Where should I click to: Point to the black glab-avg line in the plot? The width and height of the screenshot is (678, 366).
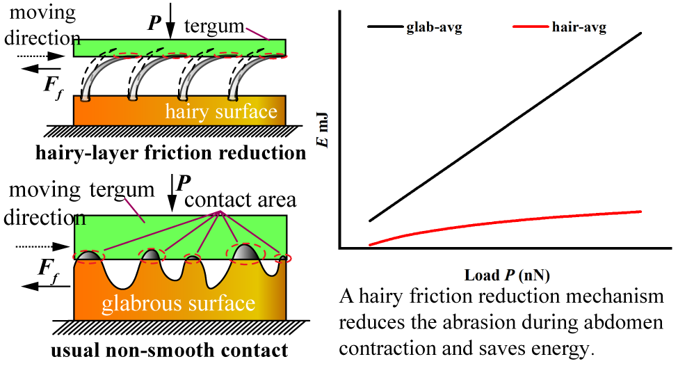[505, 127]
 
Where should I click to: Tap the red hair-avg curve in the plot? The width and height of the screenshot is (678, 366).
[505, 221]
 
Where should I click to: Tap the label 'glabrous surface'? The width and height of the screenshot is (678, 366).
[179, 304]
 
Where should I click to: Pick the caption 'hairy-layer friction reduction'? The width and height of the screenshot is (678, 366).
[171, 153]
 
